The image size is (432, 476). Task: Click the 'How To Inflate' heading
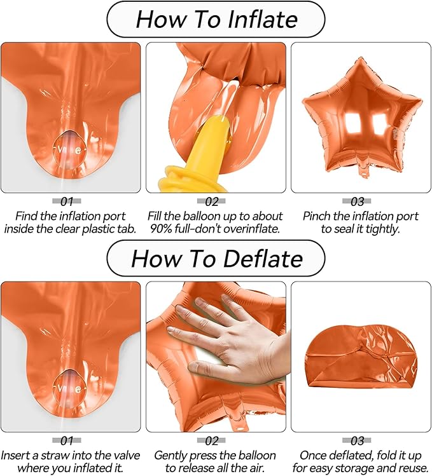[216, 20]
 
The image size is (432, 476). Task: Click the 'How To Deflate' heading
[216, 259]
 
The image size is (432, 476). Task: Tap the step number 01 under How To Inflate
[67, 201]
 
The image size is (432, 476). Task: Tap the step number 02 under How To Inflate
[212, 201]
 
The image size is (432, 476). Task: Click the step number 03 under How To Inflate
[357, 201]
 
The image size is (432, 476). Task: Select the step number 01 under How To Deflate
[67, 440]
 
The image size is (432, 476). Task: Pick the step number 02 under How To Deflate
[212, 440]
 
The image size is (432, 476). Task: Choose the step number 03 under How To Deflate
[357, 440]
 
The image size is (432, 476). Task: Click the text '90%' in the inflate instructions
[162, 229]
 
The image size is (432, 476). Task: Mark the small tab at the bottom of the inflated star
[363, 172]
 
